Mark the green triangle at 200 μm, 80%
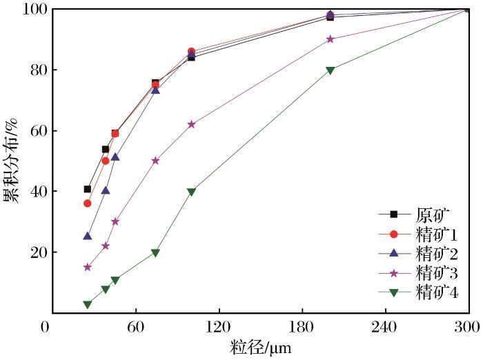[330, 70]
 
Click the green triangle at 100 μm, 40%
[191, 192]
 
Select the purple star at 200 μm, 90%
[330, 39]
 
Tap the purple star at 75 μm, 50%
[155, 161]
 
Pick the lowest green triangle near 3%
[88, 304]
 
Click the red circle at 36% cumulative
[88, 203]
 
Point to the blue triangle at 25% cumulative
[88, 237]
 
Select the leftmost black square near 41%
[88, 189]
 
